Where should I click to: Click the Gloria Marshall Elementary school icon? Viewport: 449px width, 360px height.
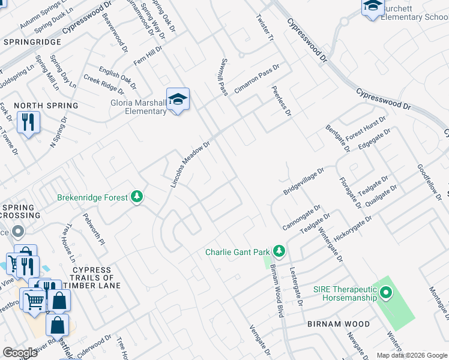click(x=178, y=100)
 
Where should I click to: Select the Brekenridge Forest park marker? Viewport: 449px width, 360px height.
click(x=137, y=197)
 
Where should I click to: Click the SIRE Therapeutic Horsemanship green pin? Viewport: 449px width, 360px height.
click(x=385, y=293)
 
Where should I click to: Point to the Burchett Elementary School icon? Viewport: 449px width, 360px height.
click(x=373, y=7)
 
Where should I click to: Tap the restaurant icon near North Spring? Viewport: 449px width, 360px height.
click(x=28, y=122)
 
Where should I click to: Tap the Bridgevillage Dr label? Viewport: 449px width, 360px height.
click(x=304, y=181)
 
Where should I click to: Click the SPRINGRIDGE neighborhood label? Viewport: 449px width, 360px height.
click(x=32, y=42)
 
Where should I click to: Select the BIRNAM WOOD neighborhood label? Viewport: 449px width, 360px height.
click(x=339, y=324)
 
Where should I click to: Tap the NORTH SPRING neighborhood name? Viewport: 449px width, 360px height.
click(x=46, y=106)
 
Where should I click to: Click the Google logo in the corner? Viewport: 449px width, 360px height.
click(x=20, y=353)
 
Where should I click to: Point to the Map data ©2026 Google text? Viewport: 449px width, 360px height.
click(x=411, y=355)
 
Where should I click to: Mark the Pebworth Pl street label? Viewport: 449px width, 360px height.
click(x=94, y=229)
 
